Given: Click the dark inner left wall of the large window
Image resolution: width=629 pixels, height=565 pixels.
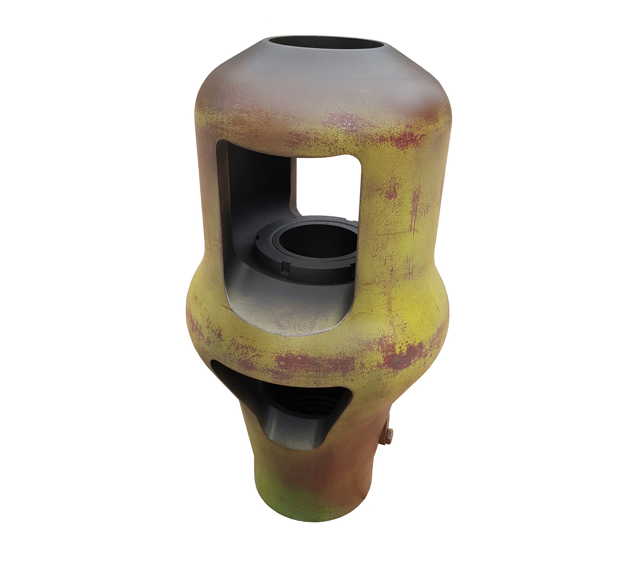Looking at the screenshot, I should [x=245, y=192].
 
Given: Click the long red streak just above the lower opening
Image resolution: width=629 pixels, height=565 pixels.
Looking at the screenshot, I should [x=310, y=362].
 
